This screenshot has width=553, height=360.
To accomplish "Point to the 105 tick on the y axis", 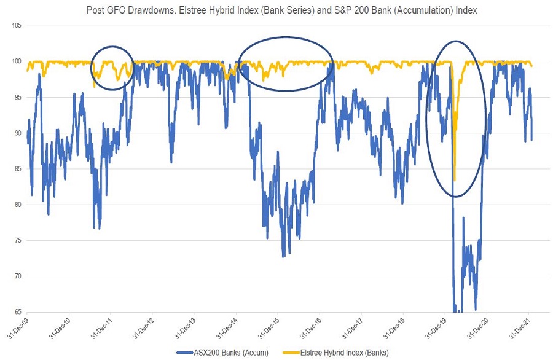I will tap(16, 26).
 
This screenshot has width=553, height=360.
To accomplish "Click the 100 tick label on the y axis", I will tap(16, 61).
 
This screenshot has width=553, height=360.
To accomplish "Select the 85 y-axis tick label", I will tap(17, 169).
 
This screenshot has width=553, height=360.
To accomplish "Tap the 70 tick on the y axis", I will tap(17, 276).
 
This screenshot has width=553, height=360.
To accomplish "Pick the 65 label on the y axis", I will tap(17, 311).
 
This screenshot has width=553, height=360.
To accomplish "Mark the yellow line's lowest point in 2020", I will tap(454, 179).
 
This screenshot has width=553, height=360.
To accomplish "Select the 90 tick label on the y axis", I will tap(17, 133).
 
